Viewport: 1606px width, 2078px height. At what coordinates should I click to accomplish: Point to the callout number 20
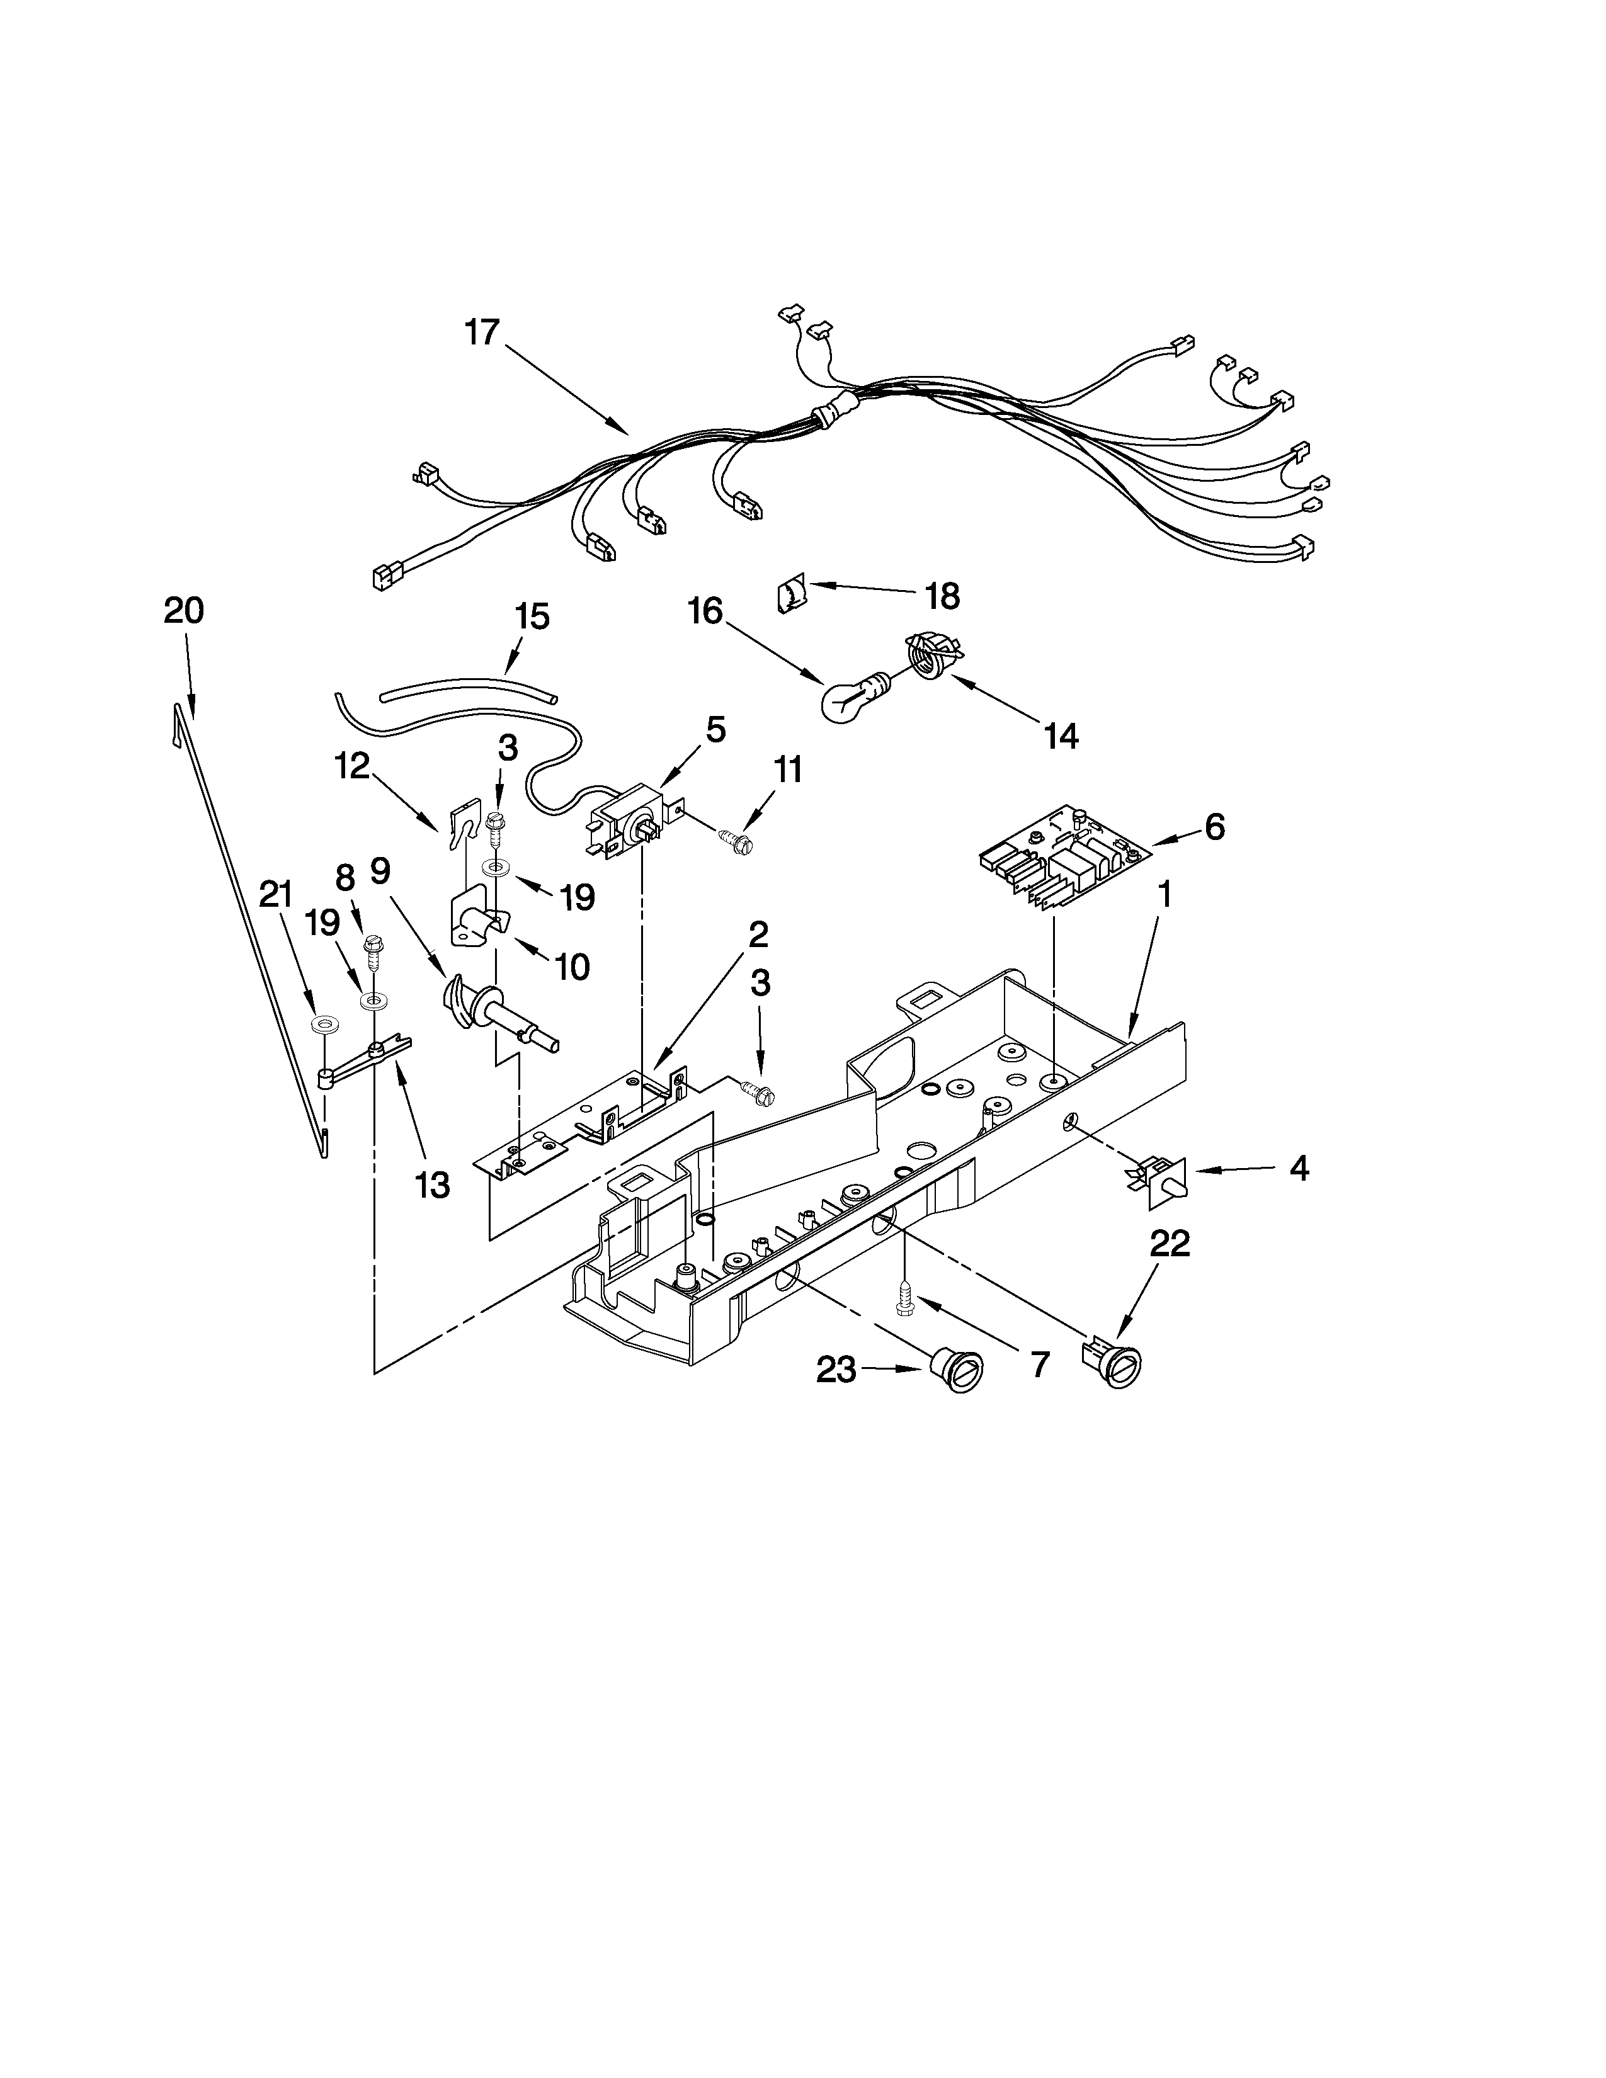[184, 611]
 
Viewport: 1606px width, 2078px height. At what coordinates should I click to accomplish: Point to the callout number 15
[532, 616]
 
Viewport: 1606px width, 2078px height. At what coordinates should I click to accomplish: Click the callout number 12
[352, 765]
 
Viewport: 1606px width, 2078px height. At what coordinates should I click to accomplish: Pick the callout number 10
[572, 967]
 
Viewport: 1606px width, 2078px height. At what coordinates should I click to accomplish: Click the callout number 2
[756, 935]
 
